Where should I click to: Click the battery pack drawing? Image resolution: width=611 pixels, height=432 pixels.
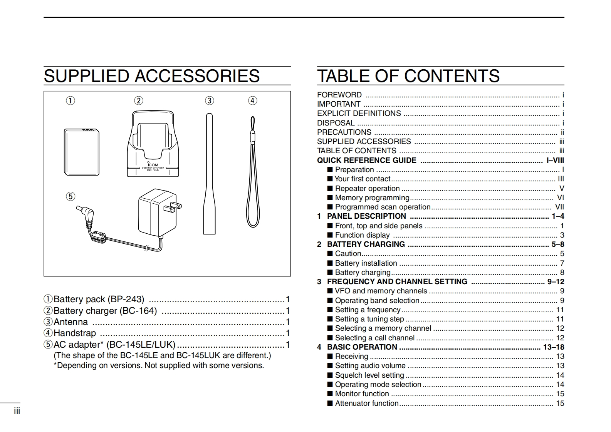(x=81, y=152)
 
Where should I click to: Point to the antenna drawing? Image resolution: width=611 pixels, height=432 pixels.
(x=209, y=173)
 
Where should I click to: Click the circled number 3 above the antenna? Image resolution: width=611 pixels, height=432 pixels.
(x=209, y=101)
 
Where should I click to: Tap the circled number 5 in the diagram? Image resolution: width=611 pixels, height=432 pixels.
(x=70, y=197)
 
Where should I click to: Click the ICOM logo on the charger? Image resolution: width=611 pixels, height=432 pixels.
(x=153, y=165)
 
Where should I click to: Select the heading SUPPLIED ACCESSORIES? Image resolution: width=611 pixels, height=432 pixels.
(x=152, y=76)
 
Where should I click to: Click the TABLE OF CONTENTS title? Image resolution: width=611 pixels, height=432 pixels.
(x=408, y=76)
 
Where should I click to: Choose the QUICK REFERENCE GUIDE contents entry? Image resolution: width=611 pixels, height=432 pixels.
(x=366, y=161)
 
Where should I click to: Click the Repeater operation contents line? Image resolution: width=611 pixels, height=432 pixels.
(x=367, y=189)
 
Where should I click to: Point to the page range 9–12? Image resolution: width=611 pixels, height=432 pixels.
(x=556, y=282)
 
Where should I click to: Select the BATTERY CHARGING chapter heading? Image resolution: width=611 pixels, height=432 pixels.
(x=366, y=244)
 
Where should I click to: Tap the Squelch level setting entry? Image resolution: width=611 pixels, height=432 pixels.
(x=369, y=375)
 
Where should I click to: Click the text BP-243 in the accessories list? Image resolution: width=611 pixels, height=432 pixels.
(x=126, y=300)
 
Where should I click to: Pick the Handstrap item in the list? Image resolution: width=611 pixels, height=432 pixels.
(x=75, y=333)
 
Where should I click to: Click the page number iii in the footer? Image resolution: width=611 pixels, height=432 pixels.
(x=17, y=411)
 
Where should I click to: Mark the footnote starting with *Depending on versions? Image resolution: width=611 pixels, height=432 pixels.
(x=159, y=365)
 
